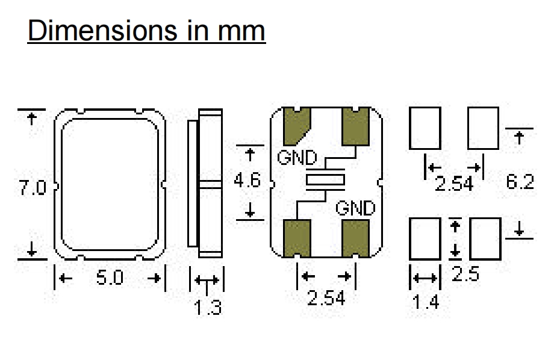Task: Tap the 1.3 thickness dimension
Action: coord(207,308)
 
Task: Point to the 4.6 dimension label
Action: coord(247,179)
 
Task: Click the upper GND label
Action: coord(297,158)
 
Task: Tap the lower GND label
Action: coord(355,208)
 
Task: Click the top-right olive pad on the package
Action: coord(355,126)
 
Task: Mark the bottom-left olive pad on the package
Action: coord(296,237)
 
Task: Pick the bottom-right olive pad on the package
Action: coord(355,237)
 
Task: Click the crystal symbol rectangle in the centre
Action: coord(325,179)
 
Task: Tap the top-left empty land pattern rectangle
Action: coord(425,128)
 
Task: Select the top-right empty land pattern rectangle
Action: coord(483,128)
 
